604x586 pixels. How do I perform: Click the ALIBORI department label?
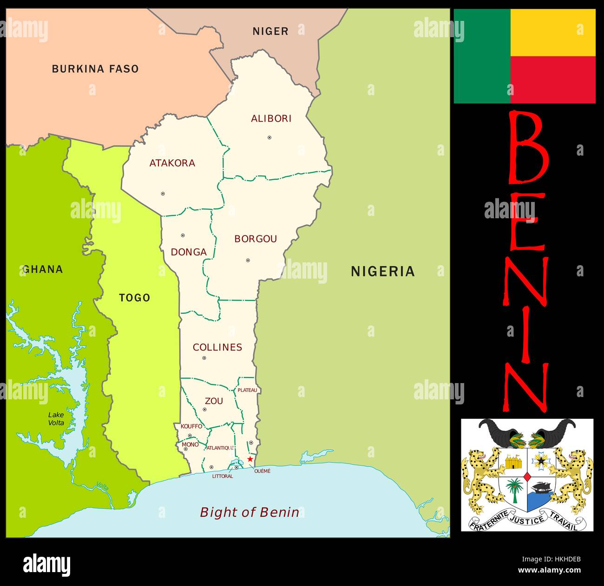point(271,118)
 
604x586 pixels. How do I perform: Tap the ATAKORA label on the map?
point(172,163)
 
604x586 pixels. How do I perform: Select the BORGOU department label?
point(256,239)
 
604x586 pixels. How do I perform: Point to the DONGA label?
point(189,252)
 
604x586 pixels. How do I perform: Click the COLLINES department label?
point(217,347)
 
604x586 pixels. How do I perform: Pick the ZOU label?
point(214,401)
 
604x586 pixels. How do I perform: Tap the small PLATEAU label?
point(247,390)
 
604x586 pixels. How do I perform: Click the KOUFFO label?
point(191,426)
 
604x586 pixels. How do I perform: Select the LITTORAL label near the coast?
point(223,476)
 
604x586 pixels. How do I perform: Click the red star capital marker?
point(250,459)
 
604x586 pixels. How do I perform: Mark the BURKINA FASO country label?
point(95,69)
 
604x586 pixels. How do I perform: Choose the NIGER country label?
point(270,31)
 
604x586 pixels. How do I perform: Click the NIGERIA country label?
point(382,272)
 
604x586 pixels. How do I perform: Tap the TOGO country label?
point(135,298)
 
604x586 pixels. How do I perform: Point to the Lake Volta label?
point(56,419)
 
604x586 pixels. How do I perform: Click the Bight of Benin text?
point(249,512)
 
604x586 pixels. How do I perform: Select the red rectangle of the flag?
point(553,79)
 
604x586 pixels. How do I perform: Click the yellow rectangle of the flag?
point(553,33)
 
